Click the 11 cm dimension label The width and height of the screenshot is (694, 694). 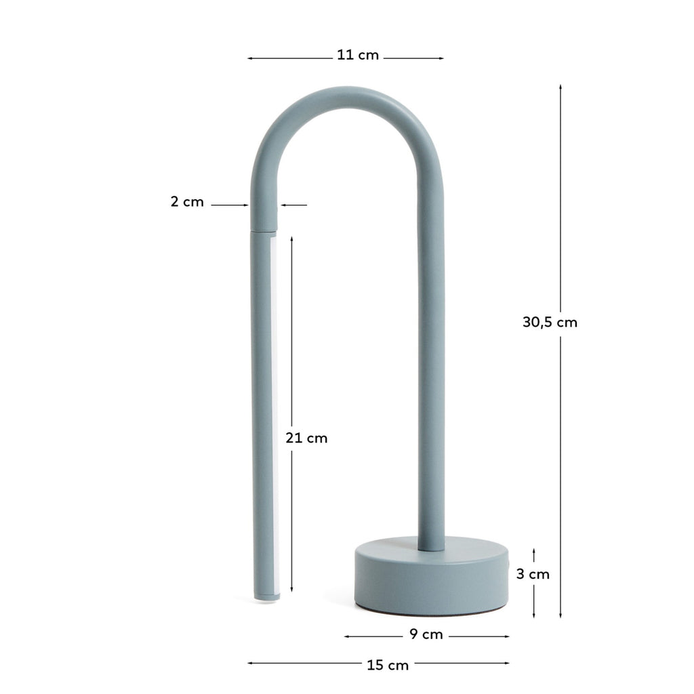pos(358,55)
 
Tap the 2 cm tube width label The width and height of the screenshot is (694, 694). pos(187,201)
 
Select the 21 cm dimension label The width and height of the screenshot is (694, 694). pos(306,438)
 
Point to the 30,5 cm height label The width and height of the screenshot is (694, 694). pos(550,323)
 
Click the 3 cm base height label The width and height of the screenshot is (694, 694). pos(533,574)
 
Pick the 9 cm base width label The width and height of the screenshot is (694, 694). pos(426,634)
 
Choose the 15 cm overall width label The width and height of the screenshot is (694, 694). pos(388,665)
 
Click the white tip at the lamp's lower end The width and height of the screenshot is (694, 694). pos(266,597)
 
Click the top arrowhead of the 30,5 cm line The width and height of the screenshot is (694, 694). pos(560,87)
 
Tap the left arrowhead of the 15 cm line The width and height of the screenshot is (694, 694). pos(250,663)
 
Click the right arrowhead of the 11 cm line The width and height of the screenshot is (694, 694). pos(441,58)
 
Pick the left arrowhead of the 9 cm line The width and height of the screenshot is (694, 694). pos(347,636)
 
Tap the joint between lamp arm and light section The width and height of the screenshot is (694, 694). pos(264,231)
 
